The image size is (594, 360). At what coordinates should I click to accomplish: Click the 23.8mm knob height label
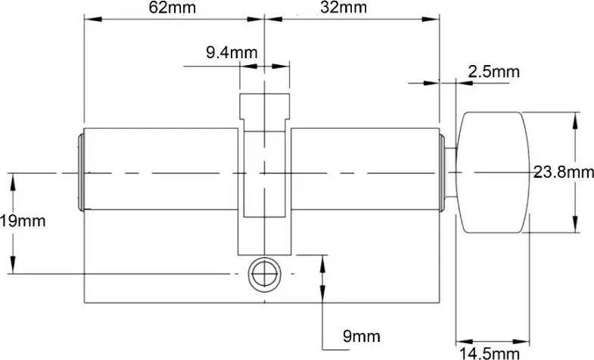(563, 172)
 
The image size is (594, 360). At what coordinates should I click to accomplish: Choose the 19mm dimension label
(23, 221)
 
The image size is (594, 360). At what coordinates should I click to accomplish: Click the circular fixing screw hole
(263, 273)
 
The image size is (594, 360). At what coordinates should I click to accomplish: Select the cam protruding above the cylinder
(264, 110)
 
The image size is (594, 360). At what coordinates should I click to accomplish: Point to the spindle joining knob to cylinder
(450, 173)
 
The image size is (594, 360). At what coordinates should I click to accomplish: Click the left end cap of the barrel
(80, 173)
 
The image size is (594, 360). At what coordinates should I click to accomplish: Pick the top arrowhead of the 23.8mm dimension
(577, 117)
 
